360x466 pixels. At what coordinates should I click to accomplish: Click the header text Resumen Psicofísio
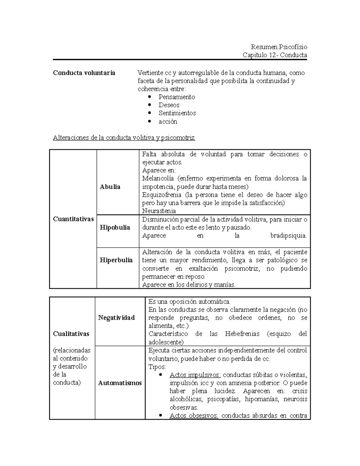(x=279, y=47)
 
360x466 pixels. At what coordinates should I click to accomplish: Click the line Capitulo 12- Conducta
(x=274, y=55)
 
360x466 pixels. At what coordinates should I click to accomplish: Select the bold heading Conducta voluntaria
(x=84, y=73)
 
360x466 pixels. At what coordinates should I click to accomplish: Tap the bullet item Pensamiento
(x=177, y=97)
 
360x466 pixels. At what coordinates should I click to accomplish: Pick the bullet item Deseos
(x=169, y=105)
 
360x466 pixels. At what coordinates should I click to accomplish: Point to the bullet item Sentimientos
(x=177, y=113)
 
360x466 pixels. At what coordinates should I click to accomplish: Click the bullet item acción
(x=168, y=122)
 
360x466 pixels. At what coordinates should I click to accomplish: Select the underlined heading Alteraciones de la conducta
(x=124, y=138)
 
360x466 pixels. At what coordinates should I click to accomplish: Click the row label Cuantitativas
(x=73, y=219)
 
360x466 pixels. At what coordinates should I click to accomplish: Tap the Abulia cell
(x=110, y=187)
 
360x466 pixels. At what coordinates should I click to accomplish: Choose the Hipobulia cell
(x=115, y=227)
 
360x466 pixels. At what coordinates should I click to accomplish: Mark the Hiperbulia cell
(x=116, y=260)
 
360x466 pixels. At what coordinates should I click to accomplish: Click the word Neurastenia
(x=159, y=211)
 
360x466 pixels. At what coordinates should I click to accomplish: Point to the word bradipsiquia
(x=288, y=236)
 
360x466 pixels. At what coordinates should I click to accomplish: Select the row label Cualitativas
(x=71, y=334)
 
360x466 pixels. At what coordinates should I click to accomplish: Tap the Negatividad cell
(x=116, y=318)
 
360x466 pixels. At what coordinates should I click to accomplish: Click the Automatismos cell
(x=120, y=383)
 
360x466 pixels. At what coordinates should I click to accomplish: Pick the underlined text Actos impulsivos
(x=195, y=375)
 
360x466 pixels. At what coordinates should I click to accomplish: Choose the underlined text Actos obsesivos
(x=194, y=416)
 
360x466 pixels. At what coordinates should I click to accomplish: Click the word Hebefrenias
(x=242, y=334)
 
